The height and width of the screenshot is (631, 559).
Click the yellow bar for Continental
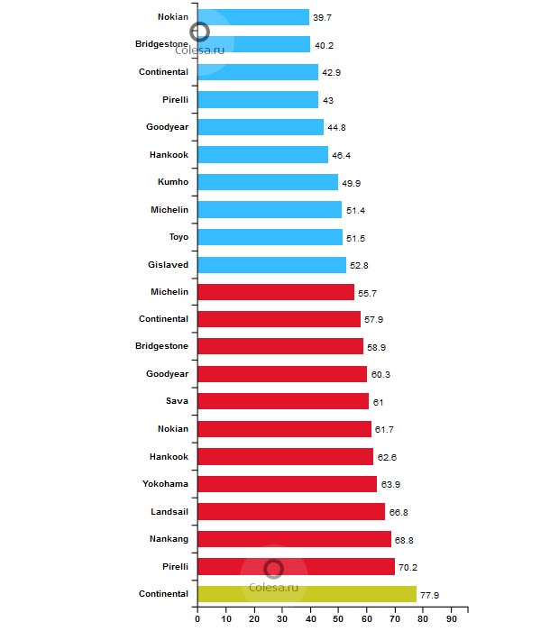[x=307, y=594]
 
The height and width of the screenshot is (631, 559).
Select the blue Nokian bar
[x=252, y=17]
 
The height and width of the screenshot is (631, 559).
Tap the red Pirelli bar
[x=296, y=566]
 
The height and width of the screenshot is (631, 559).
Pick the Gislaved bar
[x=271, y=265]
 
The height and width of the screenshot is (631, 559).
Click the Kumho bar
[x=267, y=182]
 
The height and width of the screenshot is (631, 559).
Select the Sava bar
[x=283, y=401]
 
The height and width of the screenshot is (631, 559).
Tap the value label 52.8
[x=360, y=266]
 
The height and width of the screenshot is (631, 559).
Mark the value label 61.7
[x=385, y=430]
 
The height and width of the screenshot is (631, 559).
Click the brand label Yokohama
[x=165, y=484]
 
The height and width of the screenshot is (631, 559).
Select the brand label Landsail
[x=170, y=511]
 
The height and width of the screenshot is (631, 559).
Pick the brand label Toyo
[x=179, y=237]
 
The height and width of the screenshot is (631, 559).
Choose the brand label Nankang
[x=170, y=539]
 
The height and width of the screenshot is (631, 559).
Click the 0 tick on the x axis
[x=197, y=619]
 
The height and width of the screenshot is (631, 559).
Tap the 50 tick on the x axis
[x=338, y=619]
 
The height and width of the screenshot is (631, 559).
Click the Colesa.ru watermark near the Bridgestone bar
[x=206, y=50]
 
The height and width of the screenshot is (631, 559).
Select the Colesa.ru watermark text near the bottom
[x=274, y=587]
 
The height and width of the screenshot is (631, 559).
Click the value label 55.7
[x=368, y=293]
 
